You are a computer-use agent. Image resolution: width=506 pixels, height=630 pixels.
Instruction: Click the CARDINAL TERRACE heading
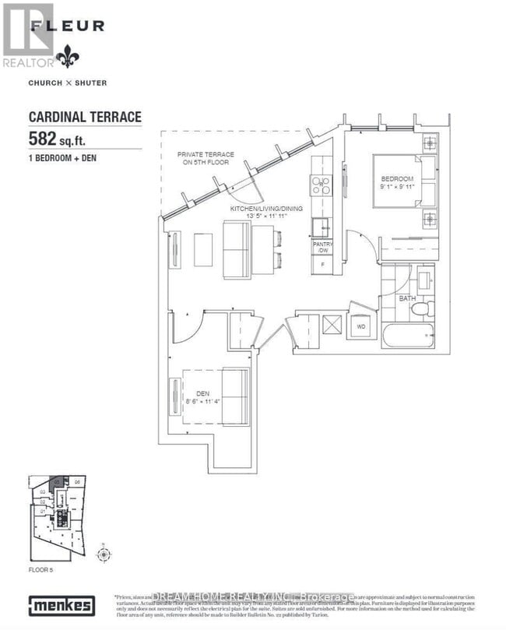tap(85, 117)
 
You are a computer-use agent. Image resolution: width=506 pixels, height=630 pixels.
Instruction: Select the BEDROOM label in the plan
tap(397, 181)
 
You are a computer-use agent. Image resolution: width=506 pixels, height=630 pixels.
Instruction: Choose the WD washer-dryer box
tap(361, 327)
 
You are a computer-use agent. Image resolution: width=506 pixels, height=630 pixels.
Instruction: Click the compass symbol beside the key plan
tap(102, 554)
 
